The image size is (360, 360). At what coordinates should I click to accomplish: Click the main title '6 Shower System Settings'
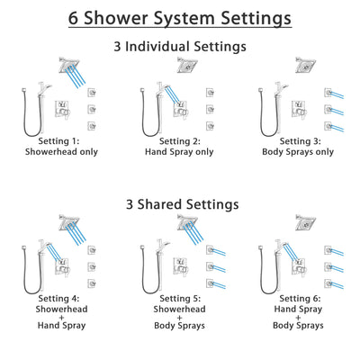click(180, 18)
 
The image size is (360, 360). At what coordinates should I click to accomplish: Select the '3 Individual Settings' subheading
click(180, 46)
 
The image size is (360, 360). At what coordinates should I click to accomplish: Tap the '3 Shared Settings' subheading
click(180, 204)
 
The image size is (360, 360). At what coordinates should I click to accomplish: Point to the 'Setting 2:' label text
click(179, 141)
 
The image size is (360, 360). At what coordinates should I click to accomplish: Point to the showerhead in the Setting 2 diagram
click(188, 65)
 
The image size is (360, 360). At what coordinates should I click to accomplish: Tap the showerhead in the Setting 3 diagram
click(303, 65)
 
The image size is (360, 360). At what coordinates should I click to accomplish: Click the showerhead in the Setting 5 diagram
click(188, 223)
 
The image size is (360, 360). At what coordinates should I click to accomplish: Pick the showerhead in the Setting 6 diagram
click(303, 223)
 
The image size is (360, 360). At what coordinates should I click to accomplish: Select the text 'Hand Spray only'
click(179, 152)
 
